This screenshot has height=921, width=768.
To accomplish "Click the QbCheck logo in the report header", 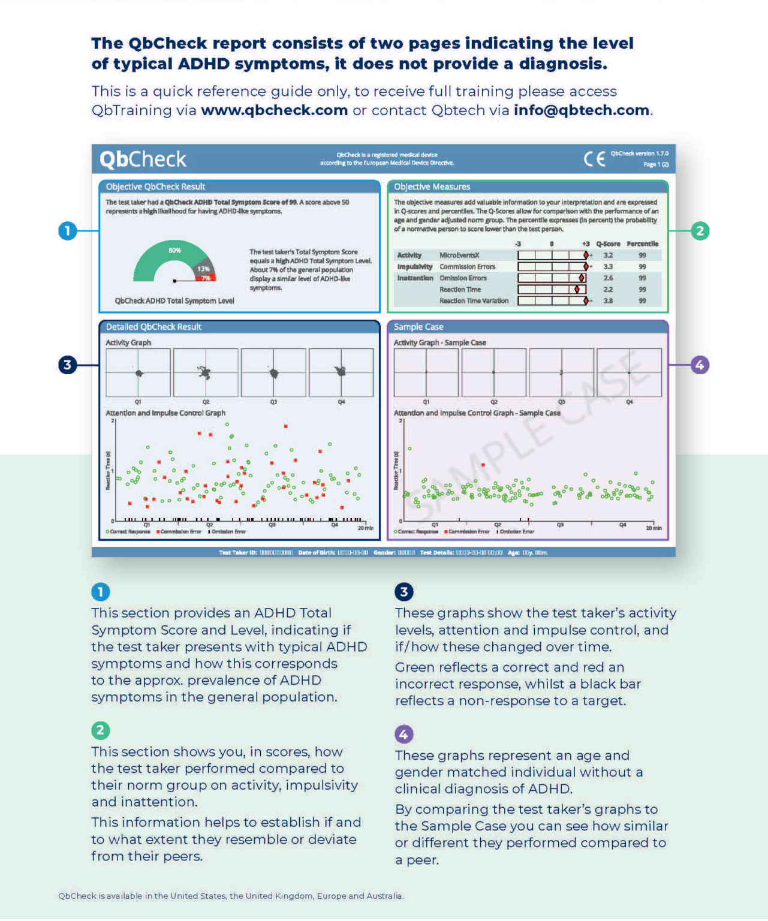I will [143, 159].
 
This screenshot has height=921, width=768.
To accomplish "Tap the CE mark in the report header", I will [594, 159].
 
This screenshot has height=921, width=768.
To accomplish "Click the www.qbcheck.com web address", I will [274, 110].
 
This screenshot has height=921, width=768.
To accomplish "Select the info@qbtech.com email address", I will [581, 110].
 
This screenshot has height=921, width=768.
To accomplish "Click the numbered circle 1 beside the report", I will [68, 231].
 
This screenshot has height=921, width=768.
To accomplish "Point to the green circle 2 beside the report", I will [700, 231].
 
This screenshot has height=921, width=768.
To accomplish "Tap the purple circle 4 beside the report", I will [700, 365].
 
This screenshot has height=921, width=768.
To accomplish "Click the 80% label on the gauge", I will [174, 251].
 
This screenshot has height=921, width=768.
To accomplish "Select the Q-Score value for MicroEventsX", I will [608, 255].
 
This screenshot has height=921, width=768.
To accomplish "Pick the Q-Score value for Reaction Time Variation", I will [608, 301].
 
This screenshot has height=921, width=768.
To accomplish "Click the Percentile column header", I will [642, 244].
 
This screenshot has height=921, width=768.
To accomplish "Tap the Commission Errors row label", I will [467, 267].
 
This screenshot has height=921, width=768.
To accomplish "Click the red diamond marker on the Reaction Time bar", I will [577, 290].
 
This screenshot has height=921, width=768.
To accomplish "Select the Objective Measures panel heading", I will [432, 187].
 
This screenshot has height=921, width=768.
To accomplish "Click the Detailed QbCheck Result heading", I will [153, 327].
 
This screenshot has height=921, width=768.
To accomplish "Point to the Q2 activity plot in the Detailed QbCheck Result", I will [206, 373].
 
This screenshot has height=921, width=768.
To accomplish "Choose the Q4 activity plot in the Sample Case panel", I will [629, 373].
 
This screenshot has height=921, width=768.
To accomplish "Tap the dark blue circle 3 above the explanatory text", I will [403, 592].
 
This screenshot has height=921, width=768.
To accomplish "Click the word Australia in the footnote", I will [385, 896].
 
